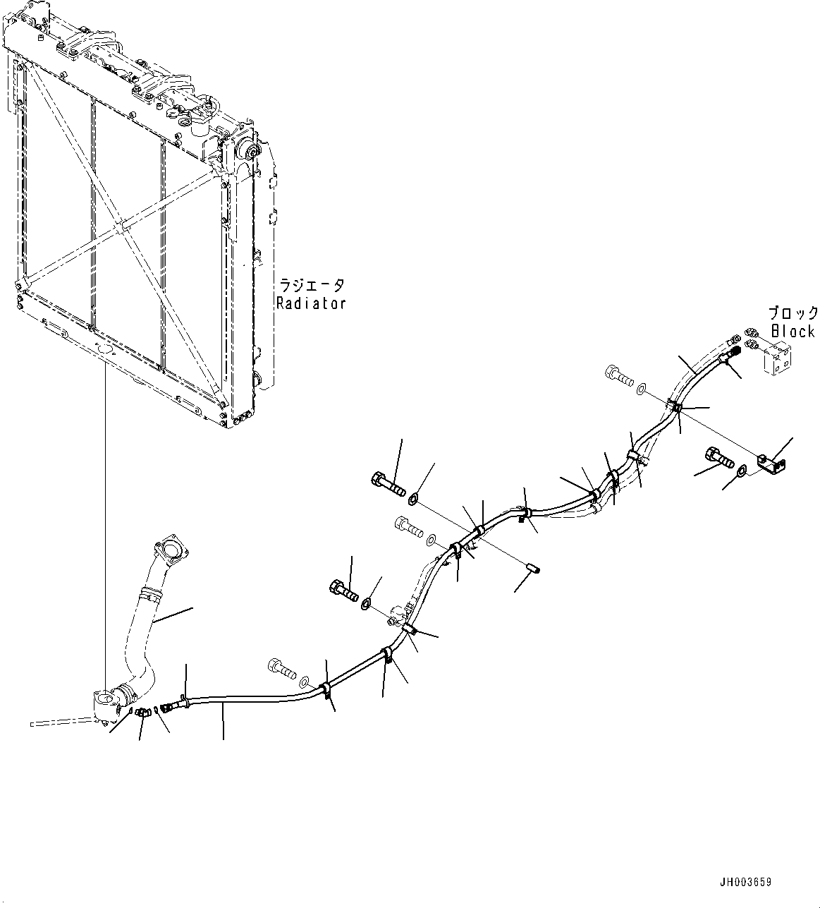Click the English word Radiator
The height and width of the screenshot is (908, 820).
click(x=311, y=303)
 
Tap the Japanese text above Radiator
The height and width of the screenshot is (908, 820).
click(x=312, y=286)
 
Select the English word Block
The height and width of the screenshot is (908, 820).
click(x=793, y=330)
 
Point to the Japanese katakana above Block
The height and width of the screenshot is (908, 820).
click(x=793, y=313)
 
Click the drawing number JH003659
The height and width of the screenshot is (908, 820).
click(x=746, y=882)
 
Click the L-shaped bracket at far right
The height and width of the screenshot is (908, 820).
click(x=773, y=464)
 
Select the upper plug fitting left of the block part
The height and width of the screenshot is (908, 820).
click(x=751, y=332)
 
